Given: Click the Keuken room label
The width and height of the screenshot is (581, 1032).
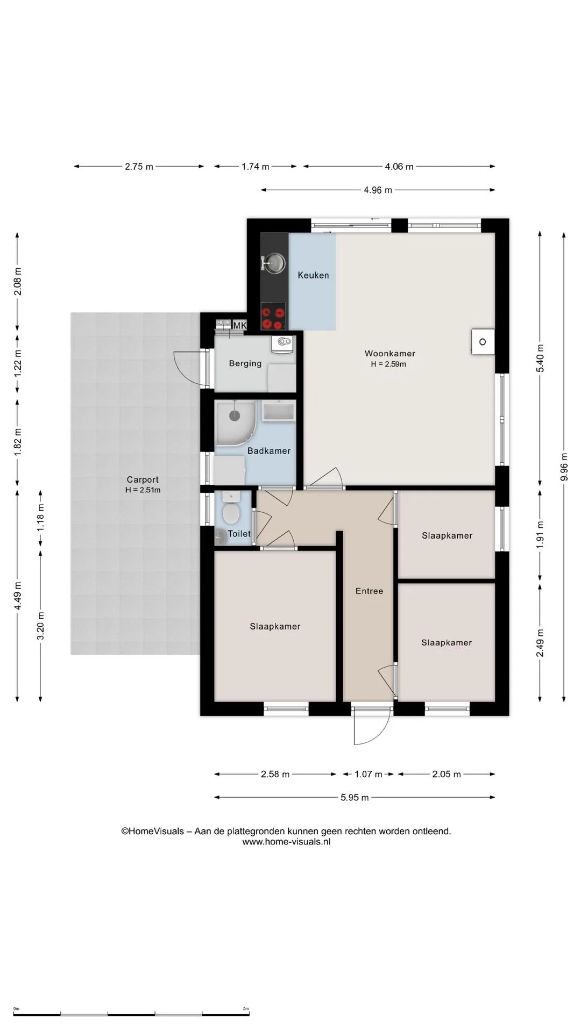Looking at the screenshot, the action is [313, 275].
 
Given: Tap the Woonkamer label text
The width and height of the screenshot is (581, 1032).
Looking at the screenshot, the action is [390, 353].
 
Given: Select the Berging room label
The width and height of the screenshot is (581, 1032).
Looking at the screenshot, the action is [245, 363].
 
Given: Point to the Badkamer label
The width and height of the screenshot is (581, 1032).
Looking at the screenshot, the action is [269, 451].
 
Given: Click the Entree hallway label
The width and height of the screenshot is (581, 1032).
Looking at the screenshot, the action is [370, 591].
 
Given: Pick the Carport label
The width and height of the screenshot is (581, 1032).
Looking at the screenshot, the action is [143, 479].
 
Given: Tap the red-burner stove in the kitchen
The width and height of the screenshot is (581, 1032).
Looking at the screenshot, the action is [273, 316].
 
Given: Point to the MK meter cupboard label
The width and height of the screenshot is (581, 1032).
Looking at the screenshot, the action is [239, 325].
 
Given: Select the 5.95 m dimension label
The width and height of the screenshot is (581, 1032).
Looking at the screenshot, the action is [355, 798].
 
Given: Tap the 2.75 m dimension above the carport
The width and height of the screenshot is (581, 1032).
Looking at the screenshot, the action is [139, 167].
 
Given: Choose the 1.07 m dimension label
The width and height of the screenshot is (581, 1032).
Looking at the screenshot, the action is [369, 775].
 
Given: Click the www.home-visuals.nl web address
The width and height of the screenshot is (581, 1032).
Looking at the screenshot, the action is [286, 842].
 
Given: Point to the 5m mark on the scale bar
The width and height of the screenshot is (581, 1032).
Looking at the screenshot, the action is [246, 1009].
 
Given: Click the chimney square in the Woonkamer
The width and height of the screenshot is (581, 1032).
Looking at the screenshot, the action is [483, 342].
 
